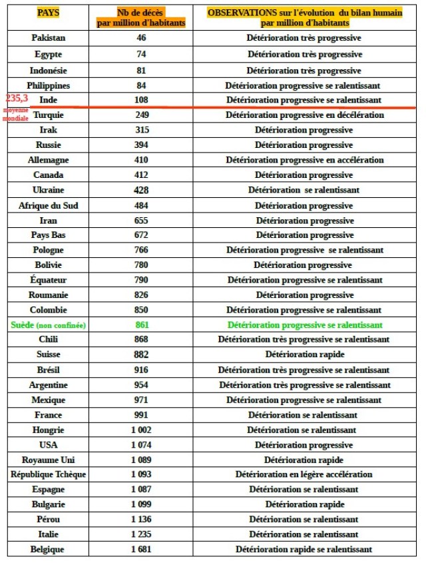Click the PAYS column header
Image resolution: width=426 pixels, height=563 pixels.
[48, 13]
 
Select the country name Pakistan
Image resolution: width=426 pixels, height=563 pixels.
[49, 38]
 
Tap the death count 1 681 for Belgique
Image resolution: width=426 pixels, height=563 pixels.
[141, 550]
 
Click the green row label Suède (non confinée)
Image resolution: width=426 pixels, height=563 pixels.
[49, 325]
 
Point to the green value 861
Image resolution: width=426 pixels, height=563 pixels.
[141, 325]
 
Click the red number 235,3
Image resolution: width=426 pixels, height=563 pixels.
[16, 98]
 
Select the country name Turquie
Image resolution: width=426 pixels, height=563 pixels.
[49, 115]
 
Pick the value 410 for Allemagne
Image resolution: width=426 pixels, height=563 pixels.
[141, 160]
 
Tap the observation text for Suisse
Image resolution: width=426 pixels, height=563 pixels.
[305, 354]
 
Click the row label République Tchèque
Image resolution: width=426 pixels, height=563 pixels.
[49, 474]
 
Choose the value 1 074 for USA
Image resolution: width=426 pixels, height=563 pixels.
[141, 445]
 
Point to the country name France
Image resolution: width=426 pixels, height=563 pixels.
[49, 414]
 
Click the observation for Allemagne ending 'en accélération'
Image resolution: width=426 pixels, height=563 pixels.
[305, 160]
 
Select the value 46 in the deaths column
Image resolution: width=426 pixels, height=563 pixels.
[141, 38]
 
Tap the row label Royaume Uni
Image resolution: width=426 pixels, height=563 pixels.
[49, 460]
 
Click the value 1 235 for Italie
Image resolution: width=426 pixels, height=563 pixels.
[141, 534]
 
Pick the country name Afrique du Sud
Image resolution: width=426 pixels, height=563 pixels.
[49, 205]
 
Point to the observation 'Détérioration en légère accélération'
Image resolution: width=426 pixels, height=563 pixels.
[305, 474]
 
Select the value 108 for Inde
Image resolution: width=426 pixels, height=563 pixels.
[141, 100]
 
